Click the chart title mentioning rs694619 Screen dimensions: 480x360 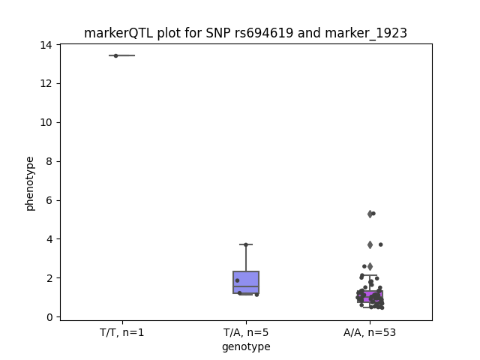click(245, 33)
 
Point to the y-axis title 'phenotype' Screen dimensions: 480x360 click(30, 184)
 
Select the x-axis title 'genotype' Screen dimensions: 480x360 click(246, 346)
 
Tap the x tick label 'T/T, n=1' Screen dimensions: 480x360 click(121, 332)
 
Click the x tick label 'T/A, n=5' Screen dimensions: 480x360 click(246, 332)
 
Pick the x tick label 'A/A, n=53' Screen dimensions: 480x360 click(370, 332)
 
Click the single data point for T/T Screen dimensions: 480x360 click(115, 55)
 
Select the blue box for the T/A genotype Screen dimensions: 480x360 click(246, 282)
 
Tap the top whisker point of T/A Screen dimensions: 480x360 click(246, 244)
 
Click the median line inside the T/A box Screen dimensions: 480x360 click(246, 286)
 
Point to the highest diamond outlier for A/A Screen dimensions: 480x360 click(370, 214)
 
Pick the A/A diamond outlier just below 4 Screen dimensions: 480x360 click(370, 245)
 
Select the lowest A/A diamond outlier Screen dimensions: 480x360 click(370, 267)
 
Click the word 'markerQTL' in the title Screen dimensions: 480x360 click(118, 33)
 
